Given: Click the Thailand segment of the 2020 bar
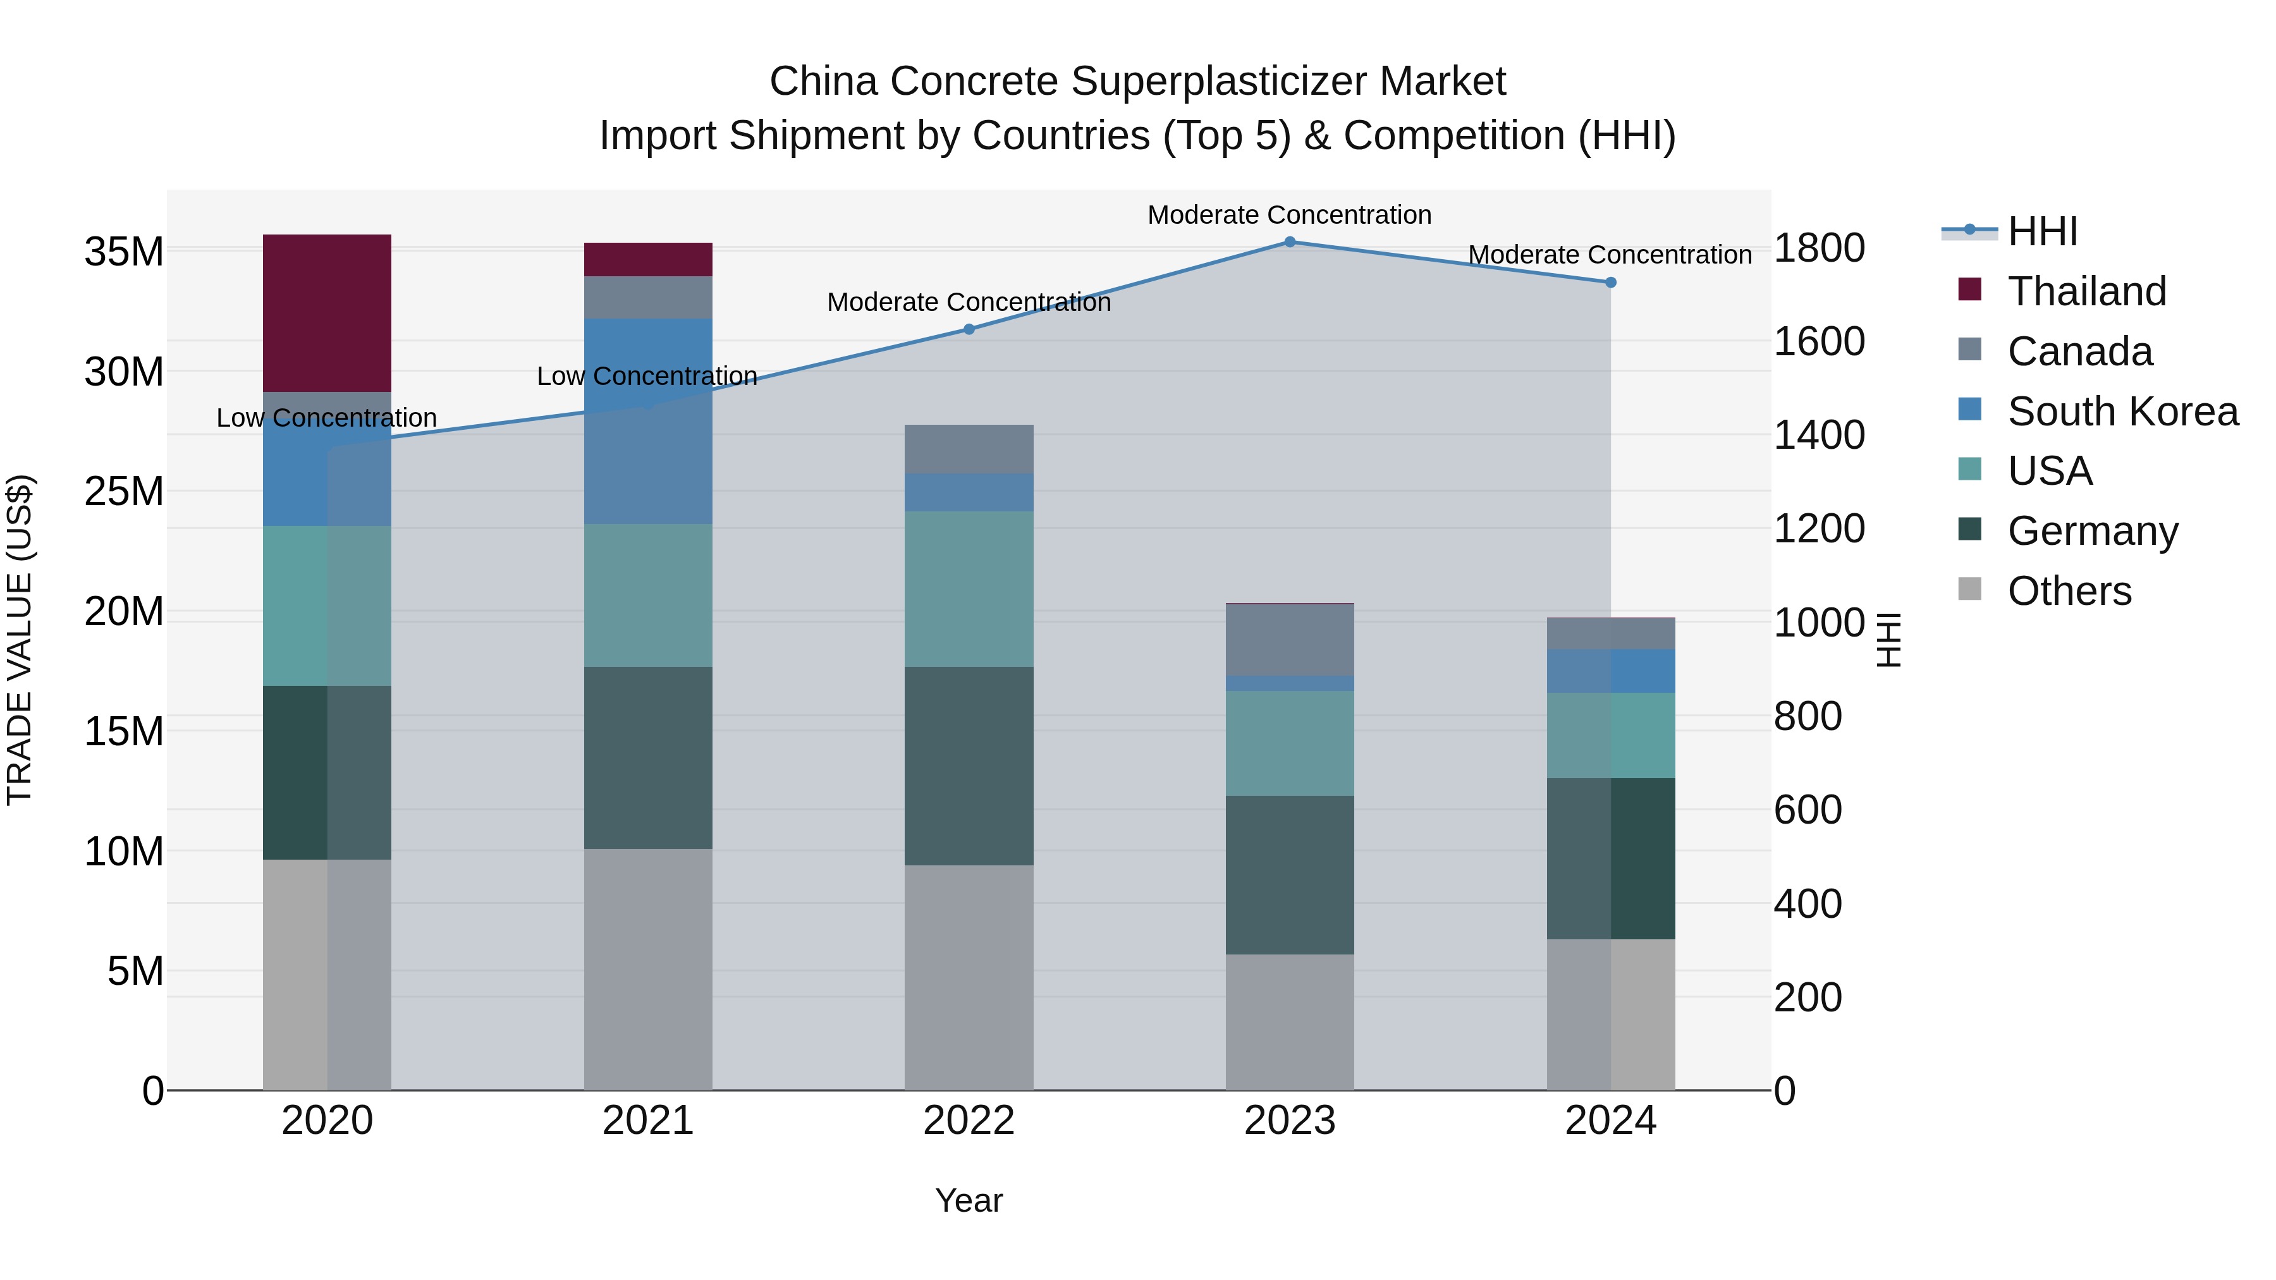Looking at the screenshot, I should coord(327,313).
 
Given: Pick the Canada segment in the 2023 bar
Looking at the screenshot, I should coord(1289,640).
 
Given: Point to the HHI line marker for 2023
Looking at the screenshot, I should coord(1289,242).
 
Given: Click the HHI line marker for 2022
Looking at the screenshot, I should coord(969,329).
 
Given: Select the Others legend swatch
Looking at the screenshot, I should coord(1969,589).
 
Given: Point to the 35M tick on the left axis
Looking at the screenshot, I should coord(124,252).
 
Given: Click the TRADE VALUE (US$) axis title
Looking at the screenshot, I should coord(20,640).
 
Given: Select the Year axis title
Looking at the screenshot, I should coord(969,1200).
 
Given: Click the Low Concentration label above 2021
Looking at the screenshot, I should coord(647,376).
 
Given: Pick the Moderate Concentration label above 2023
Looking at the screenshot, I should coord(1289,215).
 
